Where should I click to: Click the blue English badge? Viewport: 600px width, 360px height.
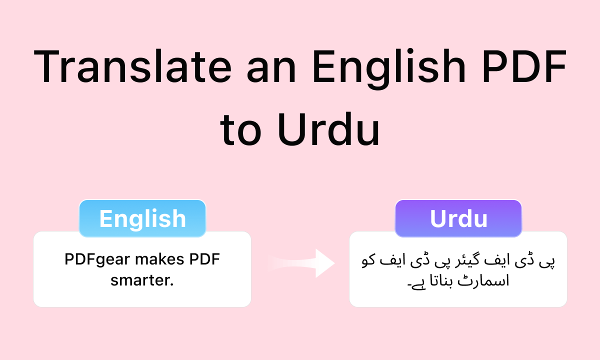pos(142,218)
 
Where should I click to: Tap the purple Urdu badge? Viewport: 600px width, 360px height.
pos(458,218)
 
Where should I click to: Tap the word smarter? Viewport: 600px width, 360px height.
pos(142,280)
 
